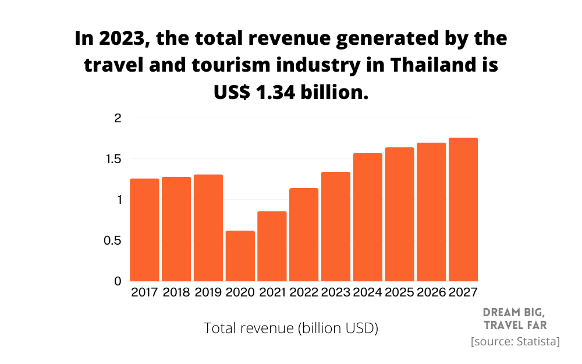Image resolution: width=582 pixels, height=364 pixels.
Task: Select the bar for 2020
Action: coord(240,256)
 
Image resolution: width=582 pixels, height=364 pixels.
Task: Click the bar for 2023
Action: coord(336,227)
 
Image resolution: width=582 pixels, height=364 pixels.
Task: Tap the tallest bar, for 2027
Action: coord(463,210)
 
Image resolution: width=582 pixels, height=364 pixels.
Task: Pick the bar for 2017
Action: coord(144,230)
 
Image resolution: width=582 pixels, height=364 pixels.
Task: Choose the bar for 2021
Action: coord(272,246)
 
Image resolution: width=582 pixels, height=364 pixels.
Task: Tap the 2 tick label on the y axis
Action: coord(118,118)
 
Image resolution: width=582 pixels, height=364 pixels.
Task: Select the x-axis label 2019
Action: coord(208,292)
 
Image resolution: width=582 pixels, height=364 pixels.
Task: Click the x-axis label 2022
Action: coord(304,292)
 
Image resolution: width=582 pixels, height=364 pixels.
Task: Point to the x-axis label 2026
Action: coord(431,292)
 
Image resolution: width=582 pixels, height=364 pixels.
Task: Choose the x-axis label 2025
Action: coord(399,292)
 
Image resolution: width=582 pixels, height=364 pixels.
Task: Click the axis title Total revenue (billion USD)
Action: coord(291,328)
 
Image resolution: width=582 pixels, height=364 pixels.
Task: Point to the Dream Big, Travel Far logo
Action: coord(515,318)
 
